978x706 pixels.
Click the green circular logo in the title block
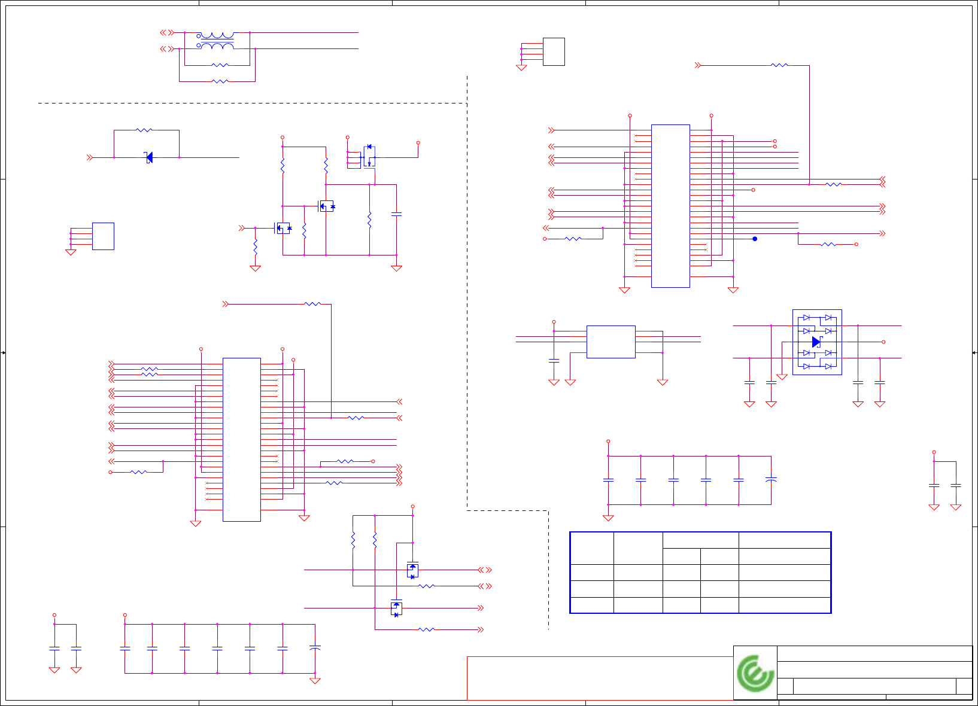(x=755, y=673)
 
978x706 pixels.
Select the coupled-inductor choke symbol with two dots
(x=216, y=41)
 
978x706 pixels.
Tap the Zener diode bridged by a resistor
(x=149, y=157)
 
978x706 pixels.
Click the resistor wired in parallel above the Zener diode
(x=144, y=130)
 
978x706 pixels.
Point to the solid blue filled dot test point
(x=755, y=239)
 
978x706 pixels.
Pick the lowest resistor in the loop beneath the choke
(x=220, y=81)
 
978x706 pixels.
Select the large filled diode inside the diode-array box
(x=816, y=342)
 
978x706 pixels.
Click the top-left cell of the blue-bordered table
(x=592, y=548)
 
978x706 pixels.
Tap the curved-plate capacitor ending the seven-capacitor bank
(x=315, y=648)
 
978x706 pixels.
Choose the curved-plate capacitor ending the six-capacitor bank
(x=771, y=480)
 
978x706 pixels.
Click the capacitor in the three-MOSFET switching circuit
(x=396, y=214)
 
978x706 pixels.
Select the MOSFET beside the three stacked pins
(x=369, y=157)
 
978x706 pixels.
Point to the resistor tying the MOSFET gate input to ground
(x=255, y=247)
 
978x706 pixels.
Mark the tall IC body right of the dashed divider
(x=670, y=206)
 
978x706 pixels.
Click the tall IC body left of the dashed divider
(x=241, y=439)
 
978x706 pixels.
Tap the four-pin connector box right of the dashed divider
(x=554, y=51)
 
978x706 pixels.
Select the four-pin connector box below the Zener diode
(x=103, y=236)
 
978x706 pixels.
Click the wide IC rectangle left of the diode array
(x=611, y=342)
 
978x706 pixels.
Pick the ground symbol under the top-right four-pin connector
(x=521, y=68)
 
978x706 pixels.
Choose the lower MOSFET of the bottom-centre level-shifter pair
(x=396, y=608)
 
